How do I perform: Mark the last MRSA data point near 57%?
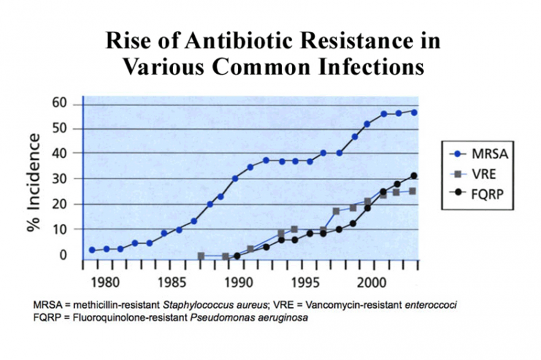[x=414, y=112]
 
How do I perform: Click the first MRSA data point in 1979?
[x=92, y=250]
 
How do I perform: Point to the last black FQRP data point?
[x=414, y=176]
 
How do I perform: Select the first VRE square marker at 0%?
[x=201, y=256]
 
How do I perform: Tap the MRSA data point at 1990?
[x=235, y=179]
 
